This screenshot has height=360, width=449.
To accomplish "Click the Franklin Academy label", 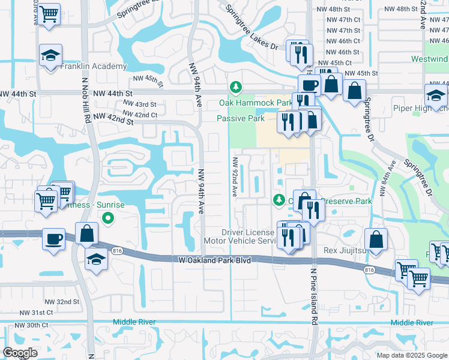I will tap(94, 66).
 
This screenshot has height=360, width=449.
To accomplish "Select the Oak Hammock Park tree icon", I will tap(237, 88).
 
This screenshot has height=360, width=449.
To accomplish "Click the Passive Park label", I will tap(241, 119).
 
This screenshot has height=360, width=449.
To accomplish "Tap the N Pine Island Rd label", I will tap(313, 296).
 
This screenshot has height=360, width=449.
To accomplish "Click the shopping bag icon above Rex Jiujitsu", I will tap(375, 240).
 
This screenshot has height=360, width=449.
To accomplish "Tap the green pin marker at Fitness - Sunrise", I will tap(108, 218).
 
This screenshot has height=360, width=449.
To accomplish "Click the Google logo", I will tap(20, 353).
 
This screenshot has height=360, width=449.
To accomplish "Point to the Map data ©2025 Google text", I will tap(412, 355).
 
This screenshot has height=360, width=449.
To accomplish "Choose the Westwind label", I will tap(429, 59).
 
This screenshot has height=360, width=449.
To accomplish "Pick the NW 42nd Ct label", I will tap(140, 115).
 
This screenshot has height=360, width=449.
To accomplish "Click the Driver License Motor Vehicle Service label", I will tap(248, 236).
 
